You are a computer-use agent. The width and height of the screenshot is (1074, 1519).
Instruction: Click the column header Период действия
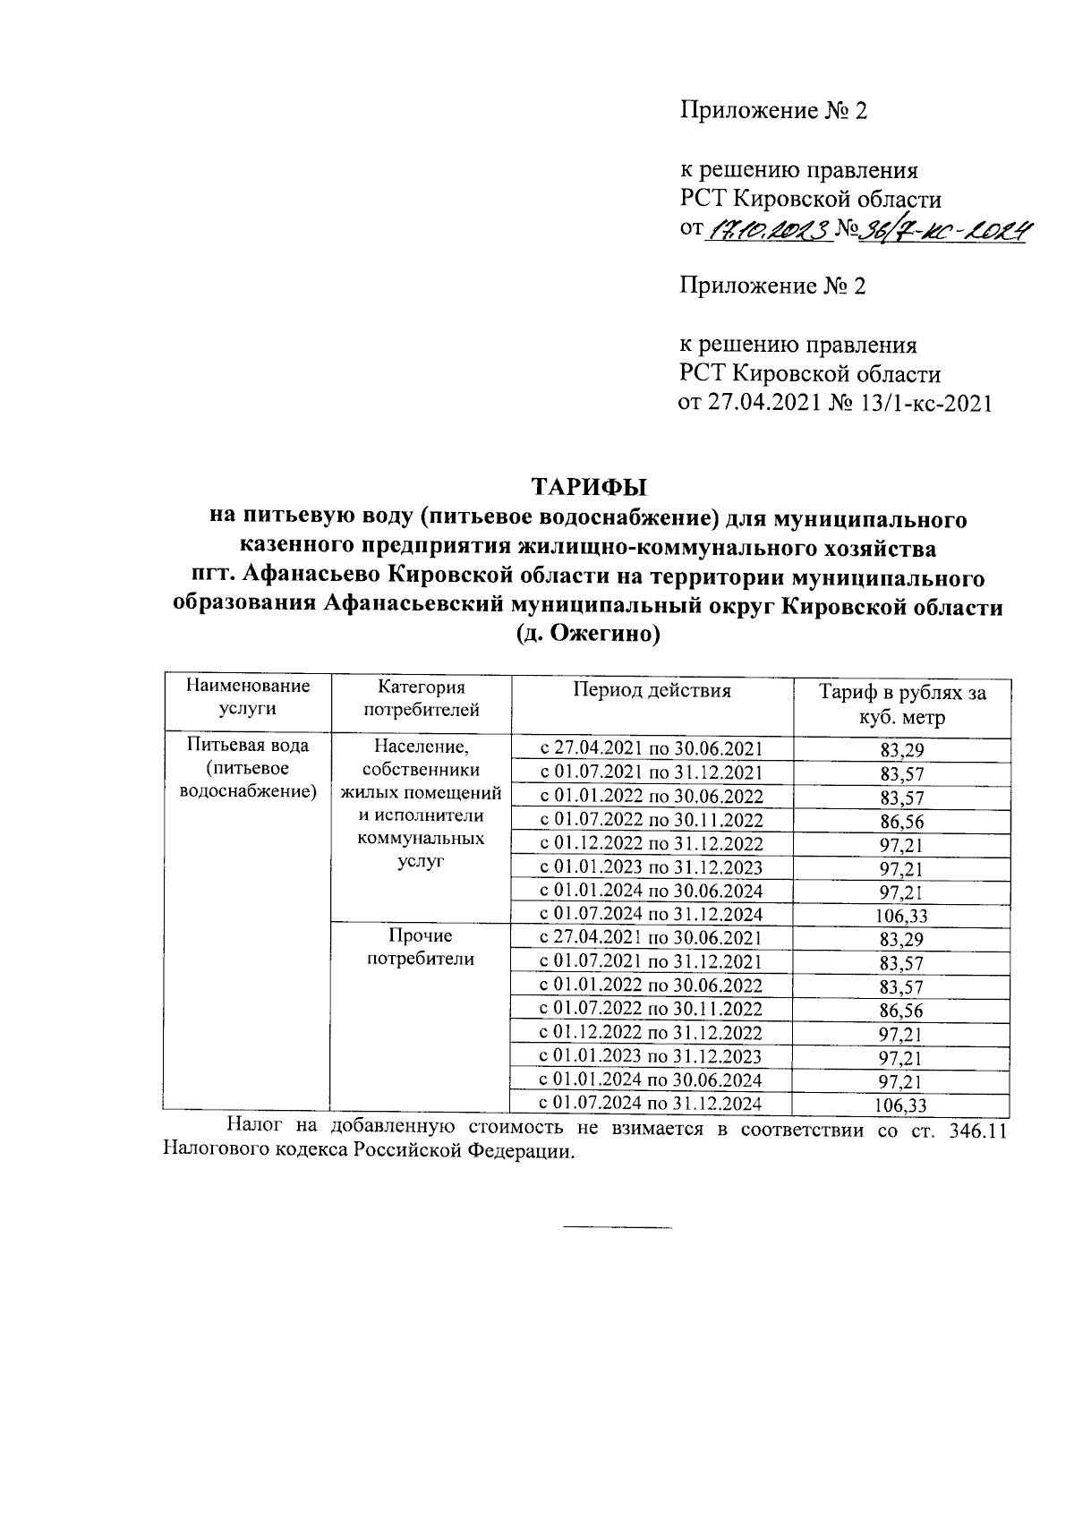click(652, 691)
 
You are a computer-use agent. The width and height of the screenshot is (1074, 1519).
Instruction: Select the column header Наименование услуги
click(248, 697)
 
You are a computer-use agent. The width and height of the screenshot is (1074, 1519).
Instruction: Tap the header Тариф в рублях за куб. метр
click(902, 705)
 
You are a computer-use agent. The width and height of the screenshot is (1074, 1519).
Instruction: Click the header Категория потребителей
click(421, 698)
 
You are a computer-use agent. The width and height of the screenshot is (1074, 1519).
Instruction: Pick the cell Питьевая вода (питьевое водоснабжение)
click(248, 768)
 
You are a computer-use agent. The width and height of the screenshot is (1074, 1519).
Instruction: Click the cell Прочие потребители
click(421, 947)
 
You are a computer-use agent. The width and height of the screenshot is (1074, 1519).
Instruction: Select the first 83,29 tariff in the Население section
click(902, 750)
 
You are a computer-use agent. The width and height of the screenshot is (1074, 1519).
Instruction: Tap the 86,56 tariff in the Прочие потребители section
click(902, 1011)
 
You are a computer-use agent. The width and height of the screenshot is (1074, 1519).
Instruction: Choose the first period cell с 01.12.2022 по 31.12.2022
click(652, 843)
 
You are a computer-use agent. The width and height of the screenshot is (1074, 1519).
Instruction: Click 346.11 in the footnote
click(976, 1130)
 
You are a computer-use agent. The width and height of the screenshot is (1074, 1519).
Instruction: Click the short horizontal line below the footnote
click(618, 1226)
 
